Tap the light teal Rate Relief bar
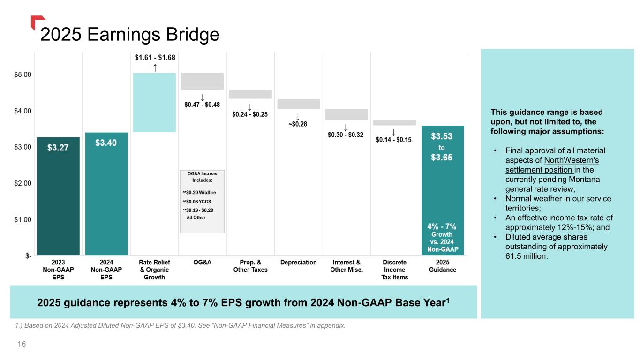tap(154, 102)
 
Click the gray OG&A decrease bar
tap(202, 81)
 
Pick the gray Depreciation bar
tap(298, 104)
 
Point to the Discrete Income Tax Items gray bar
tap(394, 123)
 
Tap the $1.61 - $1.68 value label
tap(155, 58)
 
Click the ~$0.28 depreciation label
tap(298, 124)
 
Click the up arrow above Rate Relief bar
tap(155, 67)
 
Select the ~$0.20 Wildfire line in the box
tap(199, 192)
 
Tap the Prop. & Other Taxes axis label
tap(250, 266)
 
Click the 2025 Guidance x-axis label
tap(442, 266)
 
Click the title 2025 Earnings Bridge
tap(130, 35)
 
